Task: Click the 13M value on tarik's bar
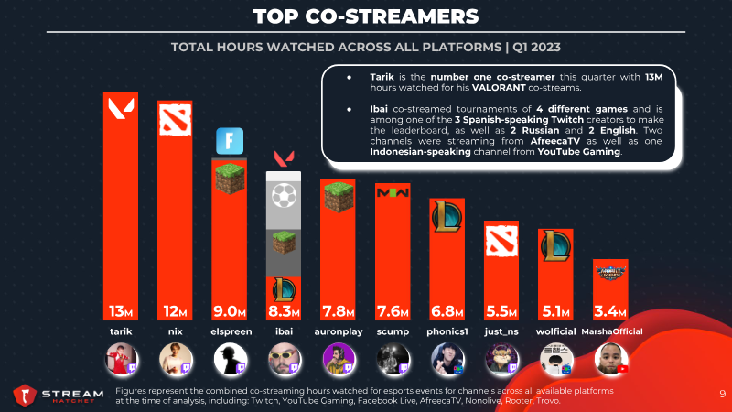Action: coord(121,310)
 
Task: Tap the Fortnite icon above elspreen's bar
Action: coord(230,141)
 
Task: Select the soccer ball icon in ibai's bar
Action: coord(284,196)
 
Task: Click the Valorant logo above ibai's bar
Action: coord(284,158)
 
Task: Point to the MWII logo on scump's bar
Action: coord(393,192)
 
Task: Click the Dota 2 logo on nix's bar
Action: coord(175,120)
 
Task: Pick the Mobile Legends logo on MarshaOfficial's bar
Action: coord(610,272)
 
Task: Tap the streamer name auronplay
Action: coord(339,331)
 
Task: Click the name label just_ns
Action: coord(501,331)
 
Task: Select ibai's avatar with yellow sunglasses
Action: coord(285,359)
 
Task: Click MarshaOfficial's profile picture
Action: coord(611,359)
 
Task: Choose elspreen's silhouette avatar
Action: coord(231,359)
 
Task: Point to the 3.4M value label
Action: coord(610,310)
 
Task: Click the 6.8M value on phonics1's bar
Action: coord(447,310)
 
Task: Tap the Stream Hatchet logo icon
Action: coord(25,396)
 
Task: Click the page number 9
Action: coord(723,394)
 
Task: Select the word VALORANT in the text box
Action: coord(499,88)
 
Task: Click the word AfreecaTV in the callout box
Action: coord(555,141)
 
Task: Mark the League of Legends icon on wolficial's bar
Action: coord(555,245)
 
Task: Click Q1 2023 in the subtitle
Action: coord(536,48)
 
